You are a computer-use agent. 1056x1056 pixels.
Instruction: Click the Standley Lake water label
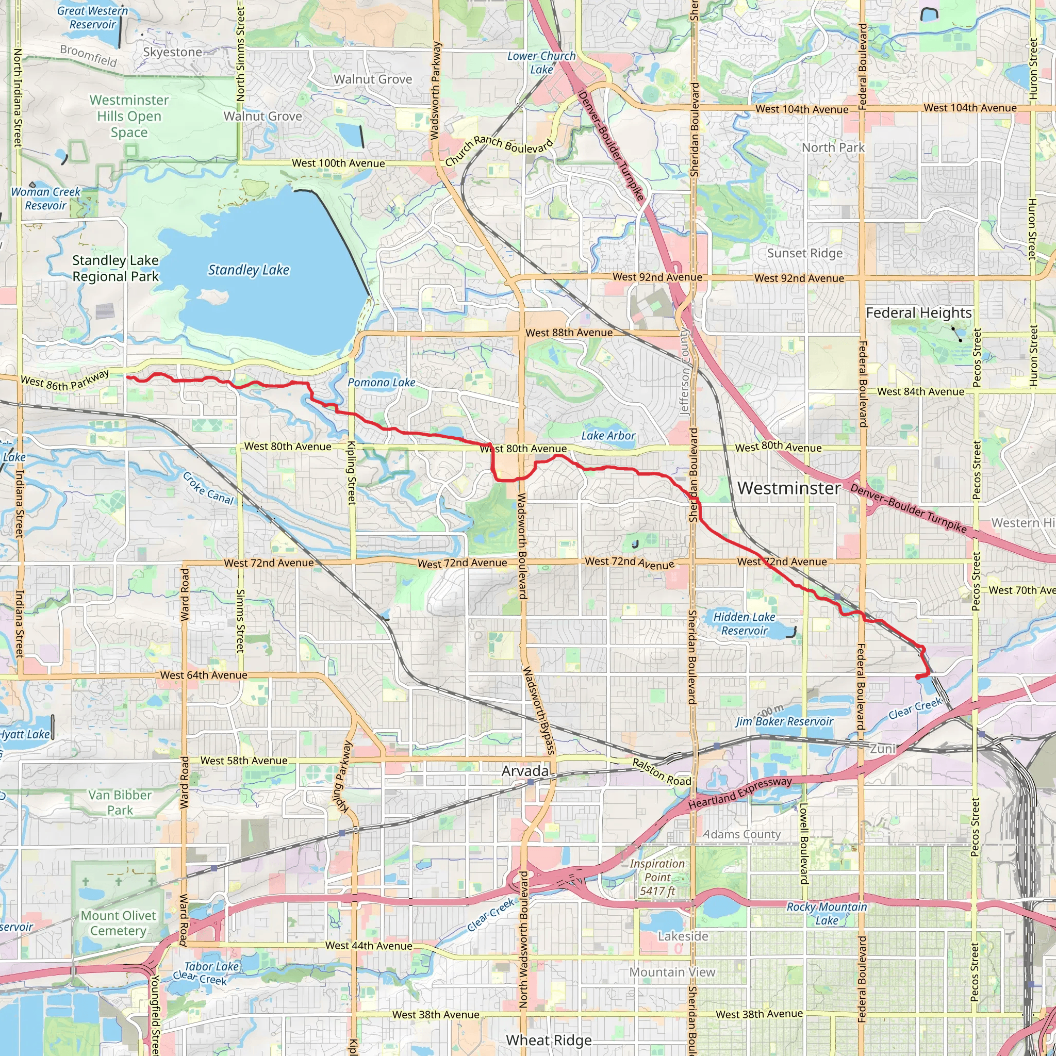(249, 270)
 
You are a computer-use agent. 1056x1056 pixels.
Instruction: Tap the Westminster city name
(789, 488)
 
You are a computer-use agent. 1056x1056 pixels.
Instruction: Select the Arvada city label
(525, 771)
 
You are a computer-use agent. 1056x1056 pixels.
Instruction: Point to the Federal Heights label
(919, 312)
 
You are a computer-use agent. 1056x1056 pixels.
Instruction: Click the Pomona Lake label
(382, 383)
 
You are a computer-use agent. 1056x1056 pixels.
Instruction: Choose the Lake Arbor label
(608, 436)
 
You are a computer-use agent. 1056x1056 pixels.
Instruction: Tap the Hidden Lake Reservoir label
(744, 624)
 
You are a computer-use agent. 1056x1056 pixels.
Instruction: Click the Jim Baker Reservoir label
(784, 721)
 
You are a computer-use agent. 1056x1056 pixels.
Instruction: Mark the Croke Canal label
(208, 488)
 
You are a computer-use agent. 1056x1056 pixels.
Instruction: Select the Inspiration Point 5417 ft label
(657, 877)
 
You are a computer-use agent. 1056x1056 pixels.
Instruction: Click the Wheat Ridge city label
(549, 1040)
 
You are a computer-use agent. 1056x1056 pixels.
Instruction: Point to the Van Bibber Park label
(120, 802)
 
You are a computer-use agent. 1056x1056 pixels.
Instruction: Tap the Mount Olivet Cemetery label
(118, 923)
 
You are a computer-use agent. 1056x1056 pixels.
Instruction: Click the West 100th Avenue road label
(338, 163)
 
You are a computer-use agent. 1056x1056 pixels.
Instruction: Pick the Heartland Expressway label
(739, 793)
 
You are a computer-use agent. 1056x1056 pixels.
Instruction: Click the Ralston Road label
(662, 772)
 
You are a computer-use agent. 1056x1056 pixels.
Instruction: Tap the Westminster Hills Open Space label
(129, 116)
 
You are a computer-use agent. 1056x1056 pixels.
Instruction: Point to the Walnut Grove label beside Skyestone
(373, 79)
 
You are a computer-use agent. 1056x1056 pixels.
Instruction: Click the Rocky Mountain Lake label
(827, 913)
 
